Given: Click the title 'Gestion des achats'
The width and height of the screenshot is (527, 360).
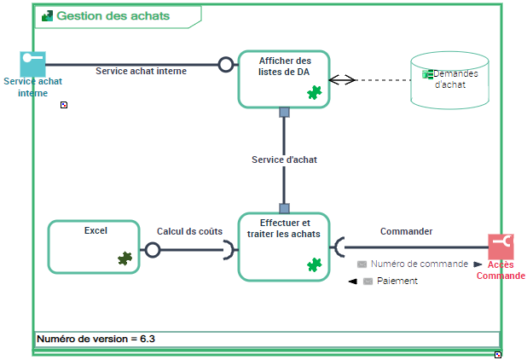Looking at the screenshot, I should pyautogui.click(x=113, y=16).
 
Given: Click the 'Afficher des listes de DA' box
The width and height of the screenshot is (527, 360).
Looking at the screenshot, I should pyautogui.click(x=284, y=78).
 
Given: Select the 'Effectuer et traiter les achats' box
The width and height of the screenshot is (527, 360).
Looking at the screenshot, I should pyautogui.click(x=284, y=247).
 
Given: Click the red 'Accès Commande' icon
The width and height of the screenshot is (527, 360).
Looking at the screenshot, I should pyautogui.click(x=501, y=247).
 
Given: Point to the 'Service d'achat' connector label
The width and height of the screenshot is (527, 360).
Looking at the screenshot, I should pyautogui.click(x=284, y=160).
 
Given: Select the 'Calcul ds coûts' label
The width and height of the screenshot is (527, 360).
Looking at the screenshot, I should pyautogui.click(x=189, y=231).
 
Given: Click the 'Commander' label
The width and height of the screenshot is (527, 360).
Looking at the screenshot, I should pyautogui.click(x=406, y=231).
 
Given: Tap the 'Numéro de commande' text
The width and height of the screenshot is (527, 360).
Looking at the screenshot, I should pyautogui.click(x=419, y=264).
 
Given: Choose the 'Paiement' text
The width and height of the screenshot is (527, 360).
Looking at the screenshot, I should pyautogui.click(x=402, y=281).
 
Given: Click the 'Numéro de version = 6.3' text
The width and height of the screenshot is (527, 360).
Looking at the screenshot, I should pyautogui.click(x=96, y=339).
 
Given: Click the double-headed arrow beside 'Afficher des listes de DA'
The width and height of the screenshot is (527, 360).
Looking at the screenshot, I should pyautogui.click(x=341, y=79).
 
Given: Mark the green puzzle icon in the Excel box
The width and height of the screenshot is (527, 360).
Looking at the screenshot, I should pyautogui.click(x=125, y=258).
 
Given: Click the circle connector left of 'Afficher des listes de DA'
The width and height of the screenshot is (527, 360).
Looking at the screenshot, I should pyautogui.click(x=226, y=64).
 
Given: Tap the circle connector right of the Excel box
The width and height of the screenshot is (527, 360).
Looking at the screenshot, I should pyautogui.click(x=152, y=250).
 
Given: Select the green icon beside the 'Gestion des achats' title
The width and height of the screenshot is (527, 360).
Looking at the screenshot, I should pyautogui.click(x=48, y=16).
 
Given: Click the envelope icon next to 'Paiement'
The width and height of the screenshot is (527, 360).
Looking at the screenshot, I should pyautogui.click(x=368, y=281).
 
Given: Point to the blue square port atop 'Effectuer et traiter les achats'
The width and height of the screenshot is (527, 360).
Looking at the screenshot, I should pyautogui.click(x=285, y=207).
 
